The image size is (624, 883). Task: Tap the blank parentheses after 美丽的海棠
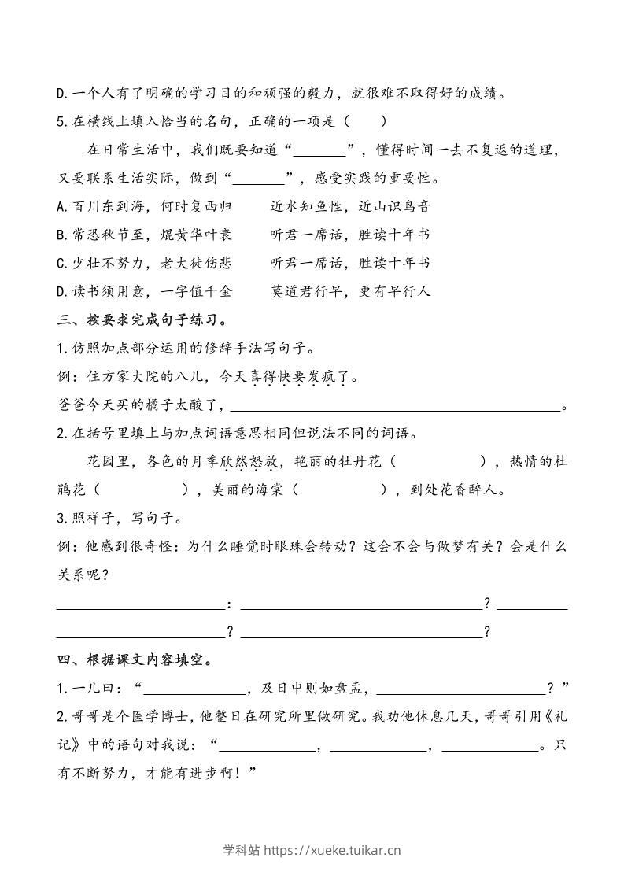click(x=341, y=490)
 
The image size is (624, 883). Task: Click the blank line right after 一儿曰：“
click(x=194, y=689)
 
